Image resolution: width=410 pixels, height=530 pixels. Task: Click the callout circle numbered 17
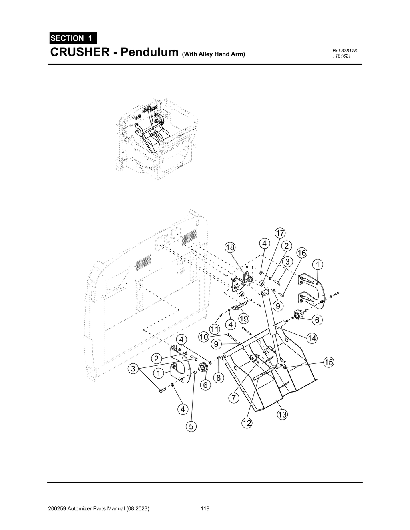pyautogui.click(x=280, y=233)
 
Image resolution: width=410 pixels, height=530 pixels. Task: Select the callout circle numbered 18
pyautogui.click(x=230, y=247)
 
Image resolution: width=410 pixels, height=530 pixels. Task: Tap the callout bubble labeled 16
pyautogui.click(x=302, y=253)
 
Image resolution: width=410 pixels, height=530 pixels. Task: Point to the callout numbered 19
pyautogui.click(x=243, y=319)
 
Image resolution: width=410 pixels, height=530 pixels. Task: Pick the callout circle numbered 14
pyautogui.click(x=312, y=339)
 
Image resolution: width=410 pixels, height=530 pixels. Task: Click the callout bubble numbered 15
pyautogui.click(x=328, y=363)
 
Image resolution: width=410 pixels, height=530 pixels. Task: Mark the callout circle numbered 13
pyautogui.click(x=282, y=415)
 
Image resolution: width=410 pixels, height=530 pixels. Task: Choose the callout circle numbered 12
pyautogui.click(x=247, y=423)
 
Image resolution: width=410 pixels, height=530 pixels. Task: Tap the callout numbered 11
pyautogui.click(x=215, y=330)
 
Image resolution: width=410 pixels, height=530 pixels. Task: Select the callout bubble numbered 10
pyautogui.click(x=204, y=337)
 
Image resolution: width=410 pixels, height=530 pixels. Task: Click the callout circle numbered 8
pyautogui.click(x=218, y=377)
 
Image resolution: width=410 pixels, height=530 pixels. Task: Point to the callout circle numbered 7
pyautogui.click(x=234, y=398)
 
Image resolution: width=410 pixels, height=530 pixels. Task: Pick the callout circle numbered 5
pyautogui.click(x=191, y=426)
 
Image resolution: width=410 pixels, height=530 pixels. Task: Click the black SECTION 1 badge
pyautogui.click(x=72, y=38)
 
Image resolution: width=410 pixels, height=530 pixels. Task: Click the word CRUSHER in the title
pyautogui.click(x=79, y=52)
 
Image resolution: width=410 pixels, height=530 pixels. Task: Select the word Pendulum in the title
pyautogui.click(x=149, y=52)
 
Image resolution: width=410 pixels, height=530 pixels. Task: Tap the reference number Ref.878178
pyautogui.click(x=344, y=50)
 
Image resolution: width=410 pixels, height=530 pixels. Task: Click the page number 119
pyautogui.click(x=205, y=509)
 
